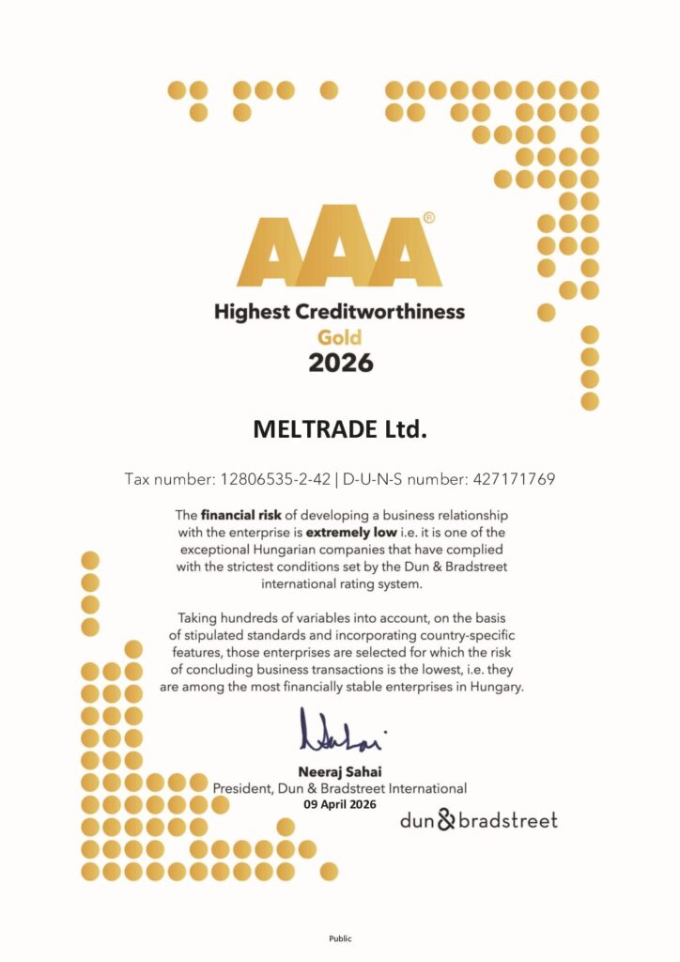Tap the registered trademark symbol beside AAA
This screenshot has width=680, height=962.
tap(429, 218)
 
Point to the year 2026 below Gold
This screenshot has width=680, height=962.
tap(340, 363)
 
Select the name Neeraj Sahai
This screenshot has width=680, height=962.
tap(339, 772)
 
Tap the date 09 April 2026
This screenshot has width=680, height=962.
tap(339, 804)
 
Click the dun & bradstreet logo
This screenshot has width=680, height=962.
tap(478, 820)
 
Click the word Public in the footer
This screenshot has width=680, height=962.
tap(339, 938)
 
